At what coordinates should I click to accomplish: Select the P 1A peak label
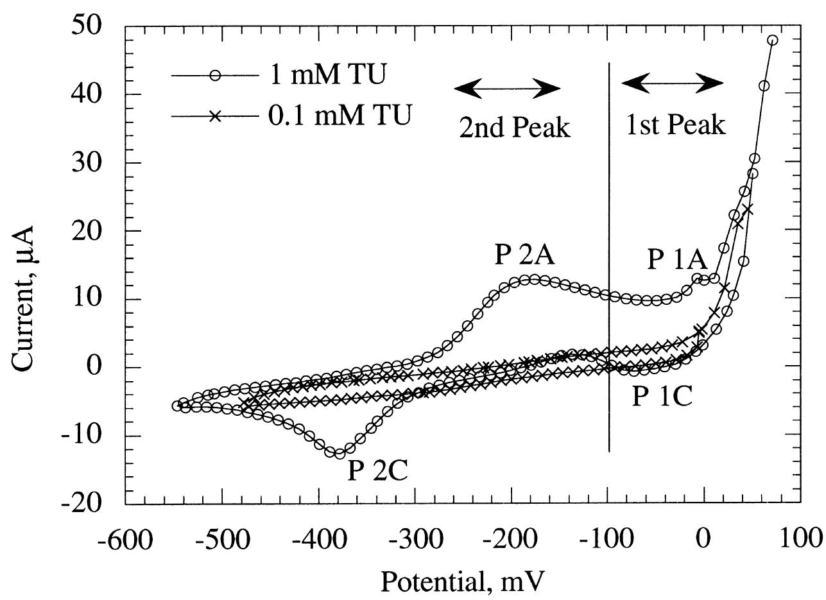[676, 260]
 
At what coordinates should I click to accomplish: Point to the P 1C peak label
[662, 397]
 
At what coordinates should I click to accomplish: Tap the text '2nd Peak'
[514, 128]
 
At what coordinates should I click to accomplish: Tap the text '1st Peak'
[675, 124]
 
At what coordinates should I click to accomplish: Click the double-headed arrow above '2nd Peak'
[507, 89]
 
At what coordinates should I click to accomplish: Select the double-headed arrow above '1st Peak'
[673, 83]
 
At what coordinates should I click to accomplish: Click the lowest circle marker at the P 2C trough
[340, 454]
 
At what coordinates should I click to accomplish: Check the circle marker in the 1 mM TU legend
[215, 76]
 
